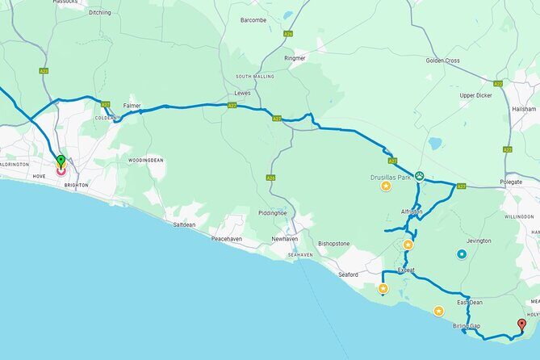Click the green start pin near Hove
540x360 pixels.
coord(61,161)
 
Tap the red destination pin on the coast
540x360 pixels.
coord(521,325)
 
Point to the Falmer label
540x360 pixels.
coord(132,106)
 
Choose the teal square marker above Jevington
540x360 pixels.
coord(462,254)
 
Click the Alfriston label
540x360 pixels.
coord(412,212)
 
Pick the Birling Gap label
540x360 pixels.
coord(467,326)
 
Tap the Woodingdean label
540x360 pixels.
coord(145,160)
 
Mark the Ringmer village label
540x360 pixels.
coord(295,58)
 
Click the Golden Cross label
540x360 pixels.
coord(443,61)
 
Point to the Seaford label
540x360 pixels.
coord(348,274)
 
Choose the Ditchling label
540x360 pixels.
coord(100,13)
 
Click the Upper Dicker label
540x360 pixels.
coord(475,95)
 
